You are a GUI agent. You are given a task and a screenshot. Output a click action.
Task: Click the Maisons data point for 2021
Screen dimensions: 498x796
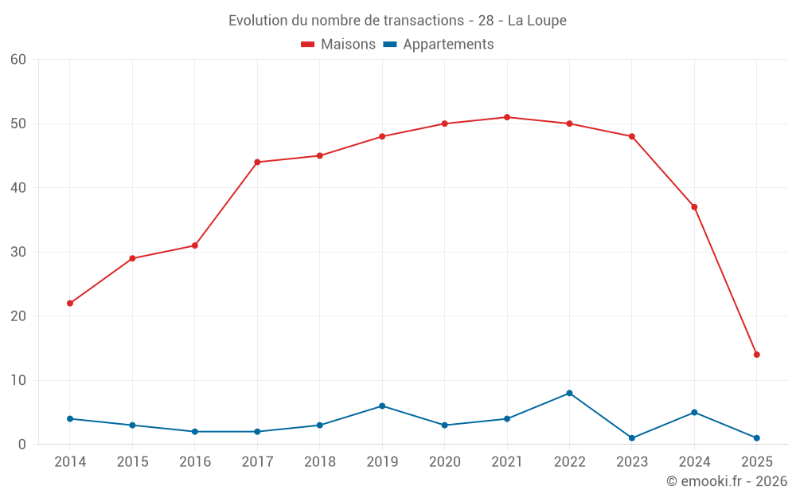[x=507, y=117]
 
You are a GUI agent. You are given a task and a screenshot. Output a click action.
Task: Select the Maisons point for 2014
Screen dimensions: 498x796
[x=70, y=304]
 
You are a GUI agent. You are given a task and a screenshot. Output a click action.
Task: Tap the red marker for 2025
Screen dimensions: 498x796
[x=757, y=355]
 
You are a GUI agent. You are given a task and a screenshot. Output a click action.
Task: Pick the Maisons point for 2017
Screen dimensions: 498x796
[x=257, y=163]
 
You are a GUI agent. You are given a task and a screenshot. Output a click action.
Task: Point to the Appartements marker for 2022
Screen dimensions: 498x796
[x=569, y=393]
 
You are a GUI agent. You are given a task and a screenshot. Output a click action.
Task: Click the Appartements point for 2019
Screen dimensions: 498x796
[x=382, y=406]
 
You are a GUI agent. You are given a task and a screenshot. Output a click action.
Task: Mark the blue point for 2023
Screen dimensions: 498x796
[x=632, y=438]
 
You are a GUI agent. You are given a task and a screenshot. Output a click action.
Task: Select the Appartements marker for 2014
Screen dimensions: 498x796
[x=70, y=418]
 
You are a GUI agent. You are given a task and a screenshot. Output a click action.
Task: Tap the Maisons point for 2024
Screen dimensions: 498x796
[x=694, y=207]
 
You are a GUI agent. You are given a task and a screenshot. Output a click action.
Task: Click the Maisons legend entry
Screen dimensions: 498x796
[x=338, y=45]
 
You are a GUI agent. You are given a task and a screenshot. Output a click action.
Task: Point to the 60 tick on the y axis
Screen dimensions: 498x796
[x=18, y=60]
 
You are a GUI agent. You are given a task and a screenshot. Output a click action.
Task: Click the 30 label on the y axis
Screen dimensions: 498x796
[x=18, y=252]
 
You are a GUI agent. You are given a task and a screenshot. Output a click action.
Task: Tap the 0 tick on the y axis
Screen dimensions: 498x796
[x=22, y=445]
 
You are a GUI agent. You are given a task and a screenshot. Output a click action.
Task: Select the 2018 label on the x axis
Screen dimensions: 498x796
[x=320, y=462]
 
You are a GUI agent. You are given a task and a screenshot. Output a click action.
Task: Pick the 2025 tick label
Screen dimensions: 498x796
[x=757, y=462]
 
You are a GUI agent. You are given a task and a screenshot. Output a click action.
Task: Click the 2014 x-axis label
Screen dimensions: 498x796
[x=70, y=462]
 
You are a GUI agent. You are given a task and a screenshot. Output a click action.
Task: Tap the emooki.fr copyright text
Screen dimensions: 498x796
[x=727, y=481]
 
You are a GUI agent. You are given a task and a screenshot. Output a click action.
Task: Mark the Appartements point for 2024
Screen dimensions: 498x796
[x=694, y=412]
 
